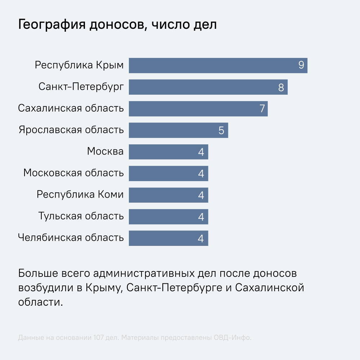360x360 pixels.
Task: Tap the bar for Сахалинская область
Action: click(x=198, y=109)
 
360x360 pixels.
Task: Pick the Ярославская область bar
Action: click(x=178, y=130)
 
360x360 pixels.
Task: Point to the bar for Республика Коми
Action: click(x=168, y=195)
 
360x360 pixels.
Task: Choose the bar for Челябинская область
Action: click(x=168, y=238)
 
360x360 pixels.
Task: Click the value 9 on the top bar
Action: click(x=301, y=66)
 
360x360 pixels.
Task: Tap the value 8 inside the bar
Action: click(x=281, y=87)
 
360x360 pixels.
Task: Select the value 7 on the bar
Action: click(x=262, y=109)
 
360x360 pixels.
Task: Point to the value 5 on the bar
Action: click(x=221, y=130)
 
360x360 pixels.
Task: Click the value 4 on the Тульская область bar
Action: click(x=201, y=217)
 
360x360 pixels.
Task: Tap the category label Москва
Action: click(x=105, y=152)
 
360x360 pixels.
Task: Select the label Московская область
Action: click(x=73, y=173)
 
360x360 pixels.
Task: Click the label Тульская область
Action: click(x=81, y=216)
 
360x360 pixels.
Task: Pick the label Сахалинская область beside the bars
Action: click(x=71, y=108)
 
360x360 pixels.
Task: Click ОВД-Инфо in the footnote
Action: click(x=232, y=338)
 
